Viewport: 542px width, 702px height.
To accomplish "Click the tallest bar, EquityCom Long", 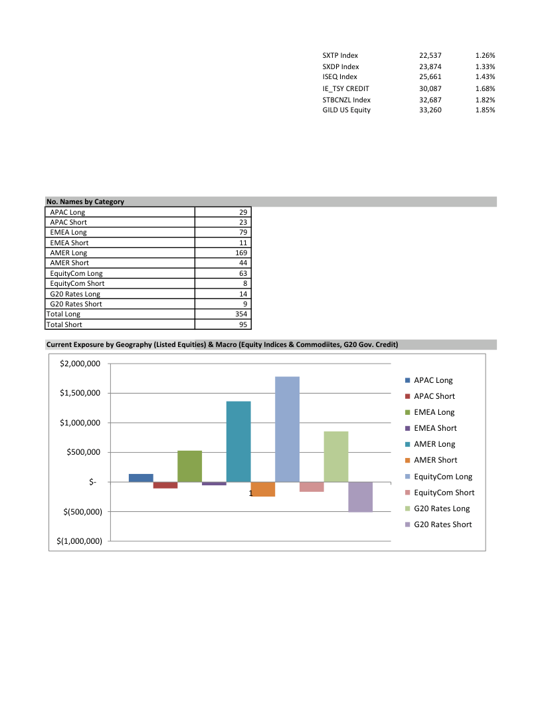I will click(x=287, y=429).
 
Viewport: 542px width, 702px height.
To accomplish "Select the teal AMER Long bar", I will click(x=238, y=441).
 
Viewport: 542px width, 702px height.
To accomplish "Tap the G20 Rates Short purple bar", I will click(x=361, y=497).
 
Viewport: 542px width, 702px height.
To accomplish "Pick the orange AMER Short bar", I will click(x=263, y=489).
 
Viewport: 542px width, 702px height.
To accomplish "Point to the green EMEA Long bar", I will click(x=189, y=466).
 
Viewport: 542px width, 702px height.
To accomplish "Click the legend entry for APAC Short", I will click(x=434, y=396).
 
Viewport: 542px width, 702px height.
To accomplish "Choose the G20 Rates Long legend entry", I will click(x=441, y=509).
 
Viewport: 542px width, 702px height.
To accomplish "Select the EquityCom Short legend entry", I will click(x=444, y=493).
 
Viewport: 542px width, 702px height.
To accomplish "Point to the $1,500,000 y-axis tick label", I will click(x=79, y=393).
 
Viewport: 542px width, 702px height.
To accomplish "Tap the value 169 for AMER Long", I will click(x=241, y=253).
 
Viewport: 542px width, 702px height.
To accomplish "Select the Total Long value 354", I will click(x=241, y=314).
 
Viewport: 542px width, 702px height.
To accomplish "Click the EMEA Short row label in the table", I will click(x=69, y=243).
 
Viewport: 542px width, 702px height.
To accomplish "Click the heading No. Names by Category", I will click(x=85, y=201).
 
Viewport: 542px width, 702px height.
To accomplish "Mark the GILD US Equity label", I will click(x=346, y=110).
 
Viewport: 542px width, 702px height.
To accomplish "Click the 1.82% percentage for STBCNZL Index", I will click(x=485, y=100).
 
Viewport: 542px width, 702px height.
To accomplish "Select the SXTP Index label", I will click(x=340, y=55).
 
